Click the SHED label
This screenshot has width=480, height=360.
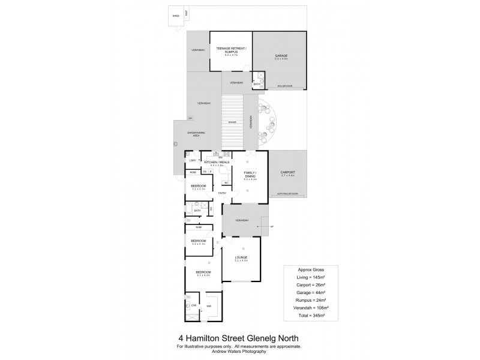click(176, 16)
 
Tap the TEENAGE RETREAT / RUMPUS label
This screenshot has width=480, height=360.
click(230, 51)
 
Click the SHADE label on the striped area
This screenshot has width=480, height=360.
click(232, 122)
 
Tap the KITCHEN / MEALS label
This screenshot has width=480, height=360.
click(217, 162)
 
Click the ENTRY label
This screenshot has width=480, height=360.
click(222, 193)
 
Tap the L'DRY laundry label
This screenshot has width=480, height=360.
click(193, 161)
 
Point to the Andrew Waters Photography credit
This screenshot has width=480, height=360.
click(239, 351)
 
